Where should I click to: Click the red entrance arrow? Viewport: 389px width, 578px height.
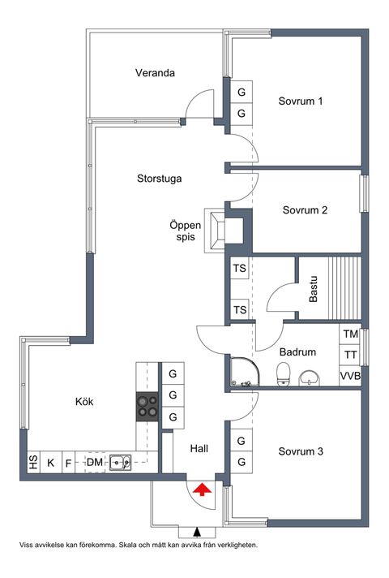click(203, 490)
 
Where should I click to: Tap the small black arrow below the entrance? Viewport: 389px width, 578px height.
click(198, 532)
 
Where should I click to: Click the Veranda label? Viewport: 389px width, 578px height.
click(155, 72)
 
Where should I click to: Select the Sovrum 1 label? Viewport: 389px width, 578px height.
click(301, 101)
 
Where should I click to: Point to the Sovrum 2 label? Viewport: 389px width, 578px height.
click(305, 210)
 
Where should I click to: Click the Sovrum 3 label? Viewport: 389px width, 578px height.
click(301, 451)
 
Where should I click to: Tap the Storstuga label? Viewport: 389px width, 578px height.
click(160, 179)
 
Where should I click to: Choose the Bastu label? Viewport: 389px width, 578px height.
click(313, 289)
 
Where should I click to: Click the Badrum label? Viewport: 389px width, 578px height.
click(297, 352)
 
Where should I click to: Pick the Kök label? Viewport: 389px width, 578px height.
click(84, 401)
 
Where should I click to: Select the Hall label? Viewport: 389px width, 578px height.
click(199, 449)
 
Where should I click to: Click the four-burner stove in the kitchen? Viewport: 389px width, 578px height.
click(147, 407)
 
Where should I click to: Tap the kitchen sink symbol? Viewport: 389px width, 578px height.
click(120, 462)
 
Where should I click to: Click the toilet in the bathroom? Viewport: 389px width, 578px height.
click(283, 373)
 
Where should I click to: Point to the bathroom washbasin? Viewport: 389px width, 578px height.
click(309, 377)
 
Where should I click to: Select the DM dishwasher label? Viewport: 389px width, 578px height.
click(95, 462)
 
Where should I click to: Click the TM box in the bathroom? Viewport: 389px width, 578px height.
click(350, 334)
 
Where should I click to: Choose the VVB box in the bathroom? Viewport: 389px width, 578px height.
click(350, 376)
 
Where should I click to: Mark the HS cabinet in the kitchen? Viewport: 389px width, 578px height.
click(33, 462)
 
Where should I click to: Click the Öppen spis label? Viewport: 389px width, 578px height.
click(186, 231)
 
